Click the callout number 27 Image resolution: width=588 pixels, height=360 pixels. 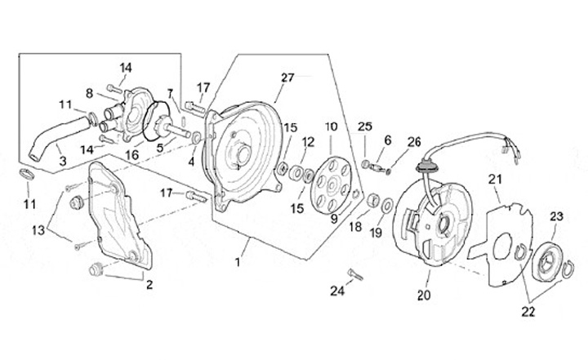pos(287,78)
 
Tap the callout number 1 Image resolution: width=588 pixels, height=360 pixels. pos(237,262)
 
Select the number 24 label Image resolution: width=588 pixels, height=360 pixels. pos(337,291)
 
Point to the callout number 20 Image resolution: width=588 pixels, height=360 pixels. pos(424,296)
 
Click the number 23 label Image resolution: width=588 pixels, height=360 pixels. pos(556,217)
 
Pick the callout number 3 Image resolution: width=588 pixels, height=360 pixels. pos(63,162)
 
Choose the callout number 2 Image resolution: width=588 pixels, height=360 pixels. pos(149,285)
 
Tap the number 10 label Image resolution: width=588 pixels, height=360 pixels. pos(332,127)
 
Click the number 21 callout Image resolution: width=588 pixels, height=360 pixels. pos(495,180)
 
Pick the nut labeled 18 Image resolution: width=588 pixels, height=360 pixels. pos(372,200)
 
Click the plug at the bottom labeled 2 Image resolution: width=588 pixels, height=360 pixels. pos(96,269)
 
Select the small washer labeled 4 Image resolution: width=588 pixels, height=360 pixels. pos(196,138)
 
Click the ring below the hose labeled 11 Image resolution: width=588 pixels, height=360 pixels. pos(27,174)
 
